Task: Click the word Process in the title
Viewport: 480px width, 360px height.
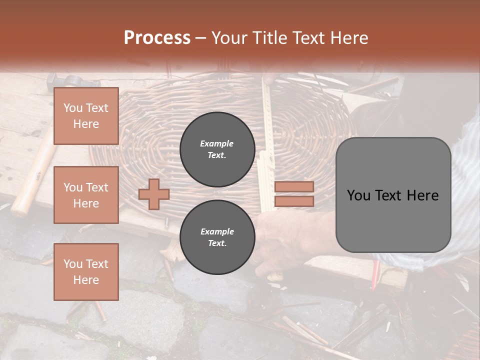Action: (157, 38)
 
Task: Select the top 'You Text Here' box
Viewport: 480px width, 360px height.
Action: (86, 116)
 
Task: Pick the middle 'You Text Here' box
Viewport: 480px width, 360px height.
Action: (86, 195)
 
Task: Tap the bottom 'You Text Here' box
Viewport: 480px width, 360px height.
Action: (86, 271)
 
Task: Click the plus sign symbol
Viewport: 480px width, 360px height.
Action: (154, 194)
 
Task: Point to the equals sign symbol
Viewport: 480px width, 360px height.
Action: (294, 194)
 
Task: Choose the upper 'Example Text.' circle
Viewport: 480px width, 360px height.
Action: (217, 149)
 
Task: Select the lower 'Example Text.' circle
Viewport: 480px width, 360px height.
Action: (217, 237)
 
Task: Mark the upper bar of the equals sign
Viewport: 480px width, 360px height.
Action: (294, 187)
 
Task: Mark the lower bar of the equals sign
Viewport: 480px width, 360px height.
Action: (294, 201)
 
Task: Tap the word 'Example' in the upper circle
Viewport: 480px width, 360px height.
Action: (217, 143)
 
